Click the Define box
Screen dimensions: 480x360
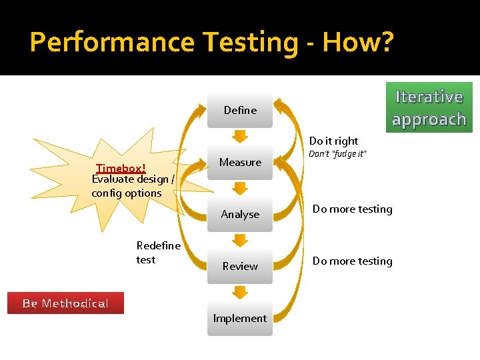click(x=240, y=111)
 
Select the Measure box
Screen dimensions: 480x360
click(x=240, y=163)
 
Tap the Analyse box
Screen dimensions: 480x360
click(x=240, y=215)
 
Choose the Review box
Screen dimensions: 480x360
click(x=240, y=267)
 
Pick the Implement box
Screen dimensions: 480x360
click(x=240, y=319)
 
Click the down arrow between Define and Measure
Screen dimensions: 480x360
click(x=240, y=136)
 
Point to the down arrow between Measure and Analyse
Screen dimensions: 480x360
click(x=240, y=188)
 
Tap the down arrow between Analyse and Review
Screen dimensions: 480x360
click(x=240, y=240)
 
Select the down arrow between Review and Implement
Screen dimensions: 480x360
click(x=240, y=292)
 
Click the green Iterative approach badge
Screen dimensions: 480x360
click(x=429, y=107)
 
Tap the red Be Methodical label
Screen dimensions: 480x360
click(x=65, y=303)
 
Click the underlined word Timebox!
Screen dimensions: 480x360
click(x=121, y=168)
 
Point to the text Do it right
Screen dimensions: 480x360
click(x=333, y=141)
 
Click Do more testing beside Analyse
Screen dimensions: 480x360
click(x=353, y=209)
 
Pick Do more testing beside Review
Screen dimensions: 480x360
click(x=353, y=261)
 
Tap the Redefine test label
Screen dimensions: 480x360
click(x=158, y=253)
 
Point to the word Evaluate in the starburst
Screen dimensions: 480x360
click(x=111, y=179)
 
